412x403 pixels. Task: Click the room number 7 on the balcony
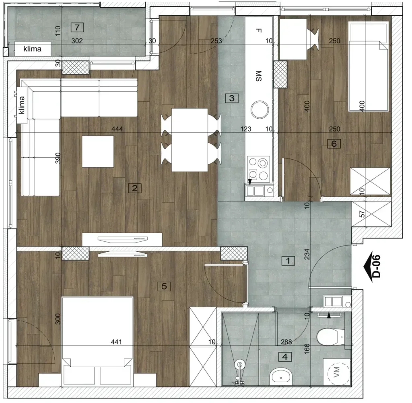coord(77,27)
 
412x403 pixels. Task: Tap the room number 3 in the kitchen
coord(232,98)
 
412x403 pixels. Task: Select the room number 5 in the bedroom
coord(164,286)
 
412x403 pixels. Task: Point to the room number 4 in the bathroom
coord(285,357)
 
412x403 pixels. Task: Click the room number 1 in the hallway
coord(288,261)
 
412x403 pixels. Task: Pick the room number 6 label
coord(334,144)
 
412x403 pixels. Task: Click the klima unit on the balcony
coord(33,49)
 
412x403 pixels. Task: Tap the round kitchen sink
coord(260,109)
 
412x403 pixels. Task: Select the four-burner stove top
coord(259,169)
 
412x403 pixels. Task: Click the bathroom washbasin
coord(281,377)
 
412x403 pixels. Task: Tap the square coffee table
coord(98,151)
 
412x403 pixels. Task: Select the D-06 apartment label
coord(377,266)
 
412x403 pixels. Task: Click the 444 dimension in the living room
coord(117,129)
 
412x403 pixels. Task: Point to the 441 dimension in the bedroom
coord(116,341)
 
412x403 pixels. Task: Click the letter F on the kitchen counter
coord(259,31)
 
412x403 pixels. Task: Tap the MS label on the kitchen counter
coord(259,76)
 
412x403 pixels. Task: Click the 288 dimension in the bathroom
coord(286,342)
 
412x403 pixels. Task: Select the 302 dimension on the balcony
coord(77,41)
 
